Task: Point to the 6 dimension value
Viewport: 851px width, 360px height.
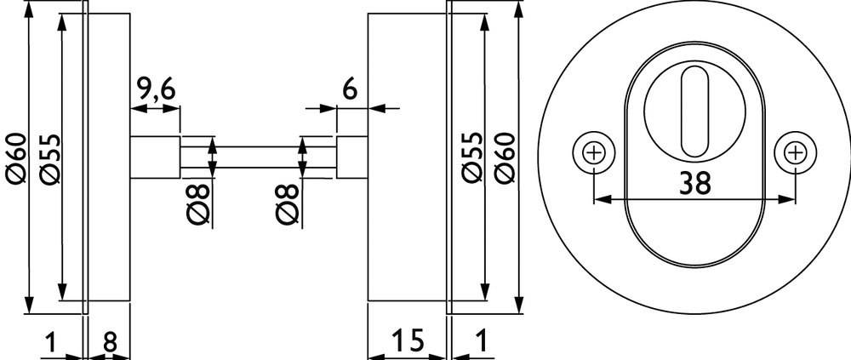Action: coord(348,89)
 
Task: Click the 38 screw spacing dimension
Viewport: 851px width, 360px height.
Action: coord(695,183)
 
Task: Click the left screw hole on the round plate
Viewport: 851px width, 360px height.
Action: coord(594,153)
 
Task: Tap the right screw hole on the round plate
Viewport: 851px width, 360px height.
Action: coord(796,153)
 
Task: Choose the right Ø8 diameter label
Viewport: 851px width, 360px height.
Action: coord(288,204)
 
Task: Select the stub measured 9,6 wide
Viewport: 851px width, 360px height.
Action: coord(155,157)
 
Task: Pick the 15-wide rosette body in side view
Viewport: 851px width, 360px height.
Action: coord(406,157)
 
